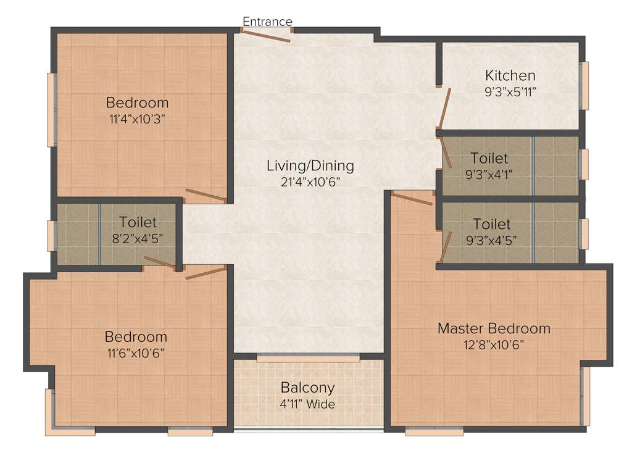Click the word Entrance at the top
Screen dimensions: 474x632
267,22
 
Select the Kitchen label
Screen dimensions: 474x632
510,76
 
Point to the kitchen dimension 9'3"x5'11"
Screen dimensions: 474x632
510,92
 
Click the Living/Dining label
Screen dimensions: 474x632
310,165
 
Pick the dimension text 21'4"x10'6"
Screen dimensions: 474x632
310,181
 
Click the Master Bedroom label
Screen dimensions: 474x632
494,328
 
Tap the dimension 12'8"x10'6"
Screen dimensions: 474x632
494,344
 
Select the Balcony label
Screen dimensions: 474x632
307,388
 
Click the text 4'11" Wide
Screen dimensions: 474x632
307,404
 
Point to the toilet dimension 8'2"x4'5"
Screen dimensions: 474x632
138,238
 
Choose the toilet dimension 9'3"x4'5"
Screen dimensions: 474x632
491,239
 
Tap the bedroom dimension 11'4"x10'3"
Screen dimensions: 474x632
137,118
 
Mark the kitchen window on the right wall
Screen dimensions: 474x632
584,85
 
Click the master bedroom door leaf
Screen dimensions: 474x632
412,198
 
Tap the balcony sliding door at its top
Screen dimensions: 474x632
308,357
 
